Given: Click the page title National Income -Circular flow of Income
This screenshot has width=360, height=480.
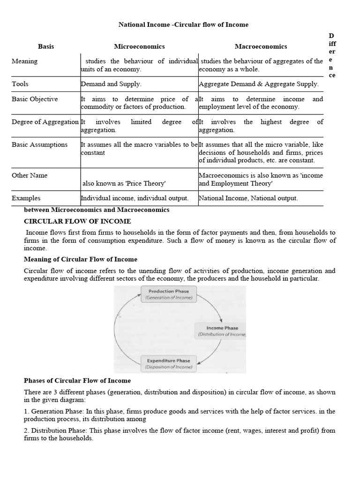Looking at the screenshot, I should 183,24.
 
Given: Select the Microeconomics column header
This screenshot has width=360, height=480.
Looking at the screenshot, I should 139,46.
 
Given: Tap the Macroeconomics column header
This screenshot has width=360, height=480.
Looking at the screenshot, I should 261,46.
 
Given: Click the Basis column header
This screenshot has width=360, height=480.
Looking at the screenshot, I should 46,46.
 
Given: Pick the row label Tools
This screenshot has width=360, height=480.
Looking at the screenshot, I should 20,84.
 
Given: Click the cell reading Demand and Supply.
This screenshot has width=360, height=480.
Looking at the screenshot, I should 111,84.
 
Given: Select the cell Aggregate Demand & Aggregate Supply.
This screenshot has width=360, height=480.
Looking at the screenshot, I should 259,84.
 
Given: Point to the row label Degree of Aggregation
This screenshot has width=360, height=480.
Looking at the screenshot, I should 45,122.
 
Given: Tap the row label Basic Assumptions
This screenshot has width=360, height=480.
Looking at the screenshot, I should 40,144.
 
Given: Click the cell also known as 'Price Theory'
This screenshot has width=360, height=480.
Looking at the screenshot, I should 124,183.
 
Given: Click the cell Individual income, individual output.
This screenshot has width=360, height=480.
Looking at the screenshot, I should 135,198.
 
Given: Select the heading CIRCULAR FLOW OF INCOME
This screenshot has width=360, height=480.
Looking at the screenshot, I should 77,221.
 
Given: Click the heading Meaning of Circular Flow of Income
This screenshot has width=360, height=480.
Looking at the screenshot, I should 81,259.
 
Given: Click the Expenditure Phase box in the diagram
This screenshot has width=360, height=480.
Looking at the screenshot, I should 168,363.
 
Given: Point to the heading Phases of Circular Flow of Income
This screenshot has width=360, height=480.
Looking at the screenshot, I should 77,381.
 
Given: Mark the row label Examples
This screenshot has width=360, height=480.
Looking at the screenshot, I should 26,198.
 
